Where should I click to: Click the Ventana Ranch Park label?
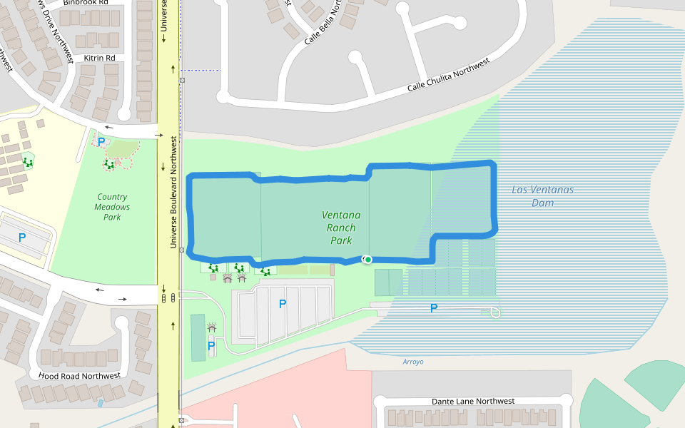341,228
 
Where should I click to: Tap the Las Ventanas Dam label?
542,196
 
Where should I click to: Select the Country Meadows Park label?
112,207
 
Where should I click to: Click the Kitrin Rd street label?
99,58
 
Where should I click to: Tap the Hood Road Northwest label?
79,376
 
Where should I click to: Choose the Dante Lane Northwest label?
473,402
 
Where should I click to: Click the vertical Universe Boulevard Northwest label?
173,193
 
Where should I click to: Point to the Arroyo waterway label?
413,362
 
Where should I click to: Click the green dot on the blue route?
367,259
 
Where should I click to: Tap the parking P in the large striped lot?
283,304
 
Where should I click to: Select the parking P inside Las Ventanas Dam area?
433,308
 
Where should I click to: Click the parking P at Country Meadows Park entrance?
101,141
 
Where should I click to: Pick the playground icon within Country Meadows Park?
109,165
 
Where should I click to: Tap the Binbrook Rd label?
86,3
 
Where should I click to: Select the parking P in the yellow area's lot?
22,238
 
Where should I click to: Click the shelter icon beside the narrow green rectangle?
211,327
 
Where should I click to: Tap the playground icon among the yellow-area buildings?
28,162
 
